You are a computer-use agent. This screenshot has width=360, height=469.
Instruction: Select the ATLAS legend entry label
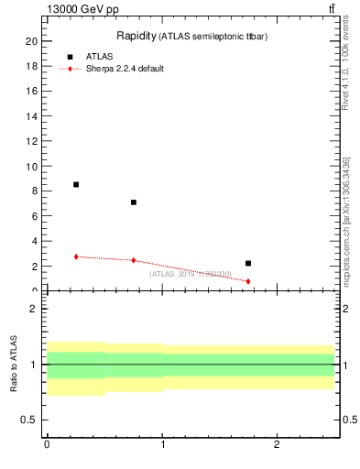pos(100,57)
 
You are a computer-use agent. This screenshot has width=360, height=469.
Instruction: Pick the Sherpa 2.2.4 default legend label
pos(125,69)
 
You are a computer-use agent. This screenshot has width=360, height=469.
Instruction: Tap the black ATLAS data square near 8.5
pos(76,184)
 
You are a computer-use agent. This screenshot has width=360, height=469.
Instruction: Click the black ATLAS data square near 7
pos(134,202)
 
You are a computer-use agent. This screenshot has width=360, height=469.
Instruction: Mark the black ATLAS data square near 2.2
pos(248,263)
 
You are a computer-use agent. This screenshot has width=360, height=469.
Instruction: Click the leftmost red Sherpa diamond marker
pos(76,256)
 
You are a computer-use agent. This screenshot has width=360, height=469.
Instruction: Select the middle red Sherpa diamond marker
pos(134,260)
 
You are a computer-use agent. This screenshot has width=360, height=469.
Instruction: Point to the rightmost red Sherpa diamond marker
pos(248,281)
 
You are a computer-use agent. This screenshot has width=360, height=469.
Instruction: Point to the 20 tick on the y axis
pos(31,41)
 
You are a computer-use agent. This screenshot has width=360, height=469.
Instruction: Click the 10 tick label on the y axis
pos(31,167)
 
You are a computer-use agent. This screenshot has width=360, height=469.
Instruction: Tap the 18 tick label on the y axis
pos(31,67)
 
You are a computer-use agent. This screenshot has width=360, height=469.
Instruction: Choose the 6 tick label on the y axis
pos(34,217)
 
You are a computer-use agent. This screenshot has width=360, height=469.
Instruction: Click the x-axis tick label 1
pos(162,444)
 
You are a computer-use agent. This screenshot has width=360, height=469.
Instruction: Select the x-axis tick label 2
pos(277,444)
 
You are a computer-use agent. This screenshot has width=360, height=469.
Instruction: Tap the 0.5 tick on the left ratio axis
pos(29,420)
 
